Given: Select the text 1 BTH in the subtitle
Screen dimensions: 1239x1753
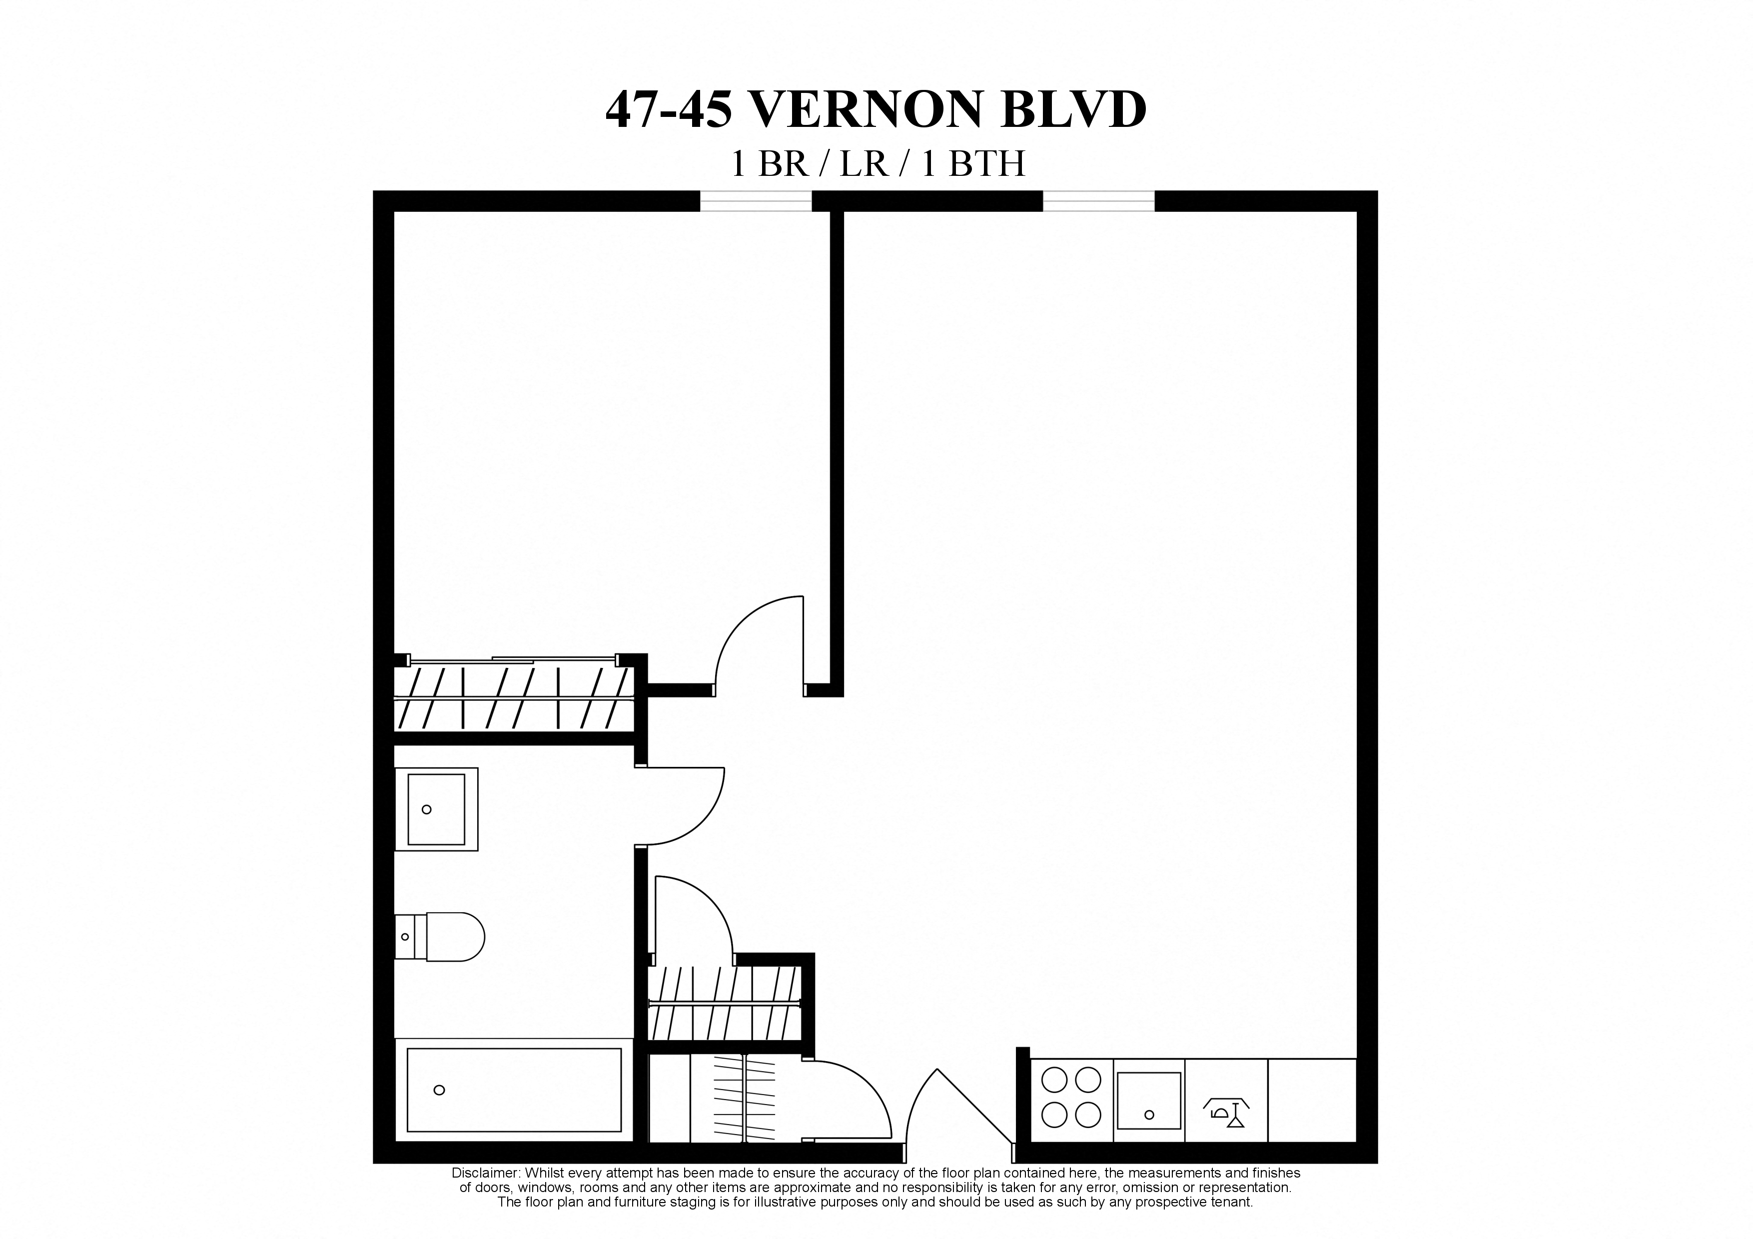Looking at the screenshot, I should (973, 164).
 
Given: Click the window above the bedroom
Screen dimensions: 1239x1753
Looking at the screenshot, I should (756, 201).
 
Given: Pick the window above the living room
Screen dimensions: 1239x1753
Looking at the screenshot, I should (1099, 201).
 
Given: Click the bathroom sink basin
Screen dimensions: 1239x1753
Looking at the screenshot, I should (436, 809).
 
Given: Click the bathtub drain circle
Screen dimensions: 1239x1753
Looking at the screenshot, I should (439, 1090).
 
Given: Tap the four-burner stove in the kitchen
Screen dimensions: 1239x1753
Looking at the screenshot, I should (1071, 1098).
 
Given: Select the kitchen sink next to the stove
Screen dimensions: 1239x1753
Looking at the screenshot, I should (1149, 1101).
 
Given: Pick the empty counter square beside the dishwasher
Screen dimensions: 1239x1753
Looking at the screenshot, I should (1312, 1100).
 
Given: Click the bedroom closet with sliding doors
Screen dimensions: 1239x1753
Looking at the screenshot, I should (513, 698).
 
